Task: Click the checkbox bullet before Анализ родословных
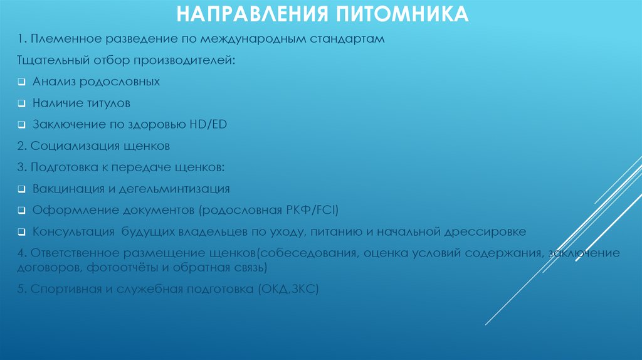tap(21, 82)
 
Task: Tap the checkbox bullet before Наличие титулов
tap(21, 103)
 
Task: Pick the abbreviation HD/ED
tap(207, 124)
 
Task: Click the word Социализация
tap(67, 146)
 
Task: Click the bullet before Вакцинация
tap(21, 189)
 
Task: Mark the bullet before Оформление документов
tap(21, 211)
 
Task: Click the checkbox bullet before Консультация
tap(21, 232)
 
